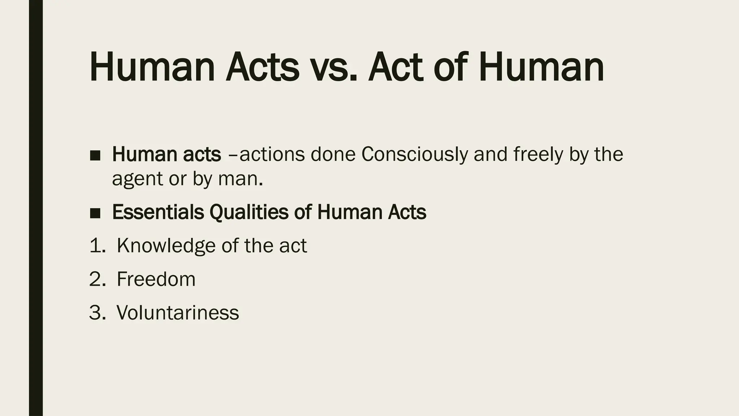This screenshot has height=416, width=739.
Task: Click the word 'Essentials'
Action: click(x=158, y=212)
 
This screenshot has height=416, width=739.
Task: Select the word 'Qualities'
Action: click(x=249, y=212)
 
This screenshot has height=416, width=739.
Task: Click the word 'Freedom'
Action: click(x=156, y=279)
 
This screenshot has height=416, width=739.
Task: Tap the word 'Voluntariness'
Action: click(x=178, y=312)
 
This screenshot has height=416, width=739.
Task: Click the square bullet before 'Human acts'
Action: click(x=95, y=155)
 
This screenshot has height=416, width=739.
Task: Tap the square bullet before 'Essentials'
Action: click(x=95, y=213)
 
